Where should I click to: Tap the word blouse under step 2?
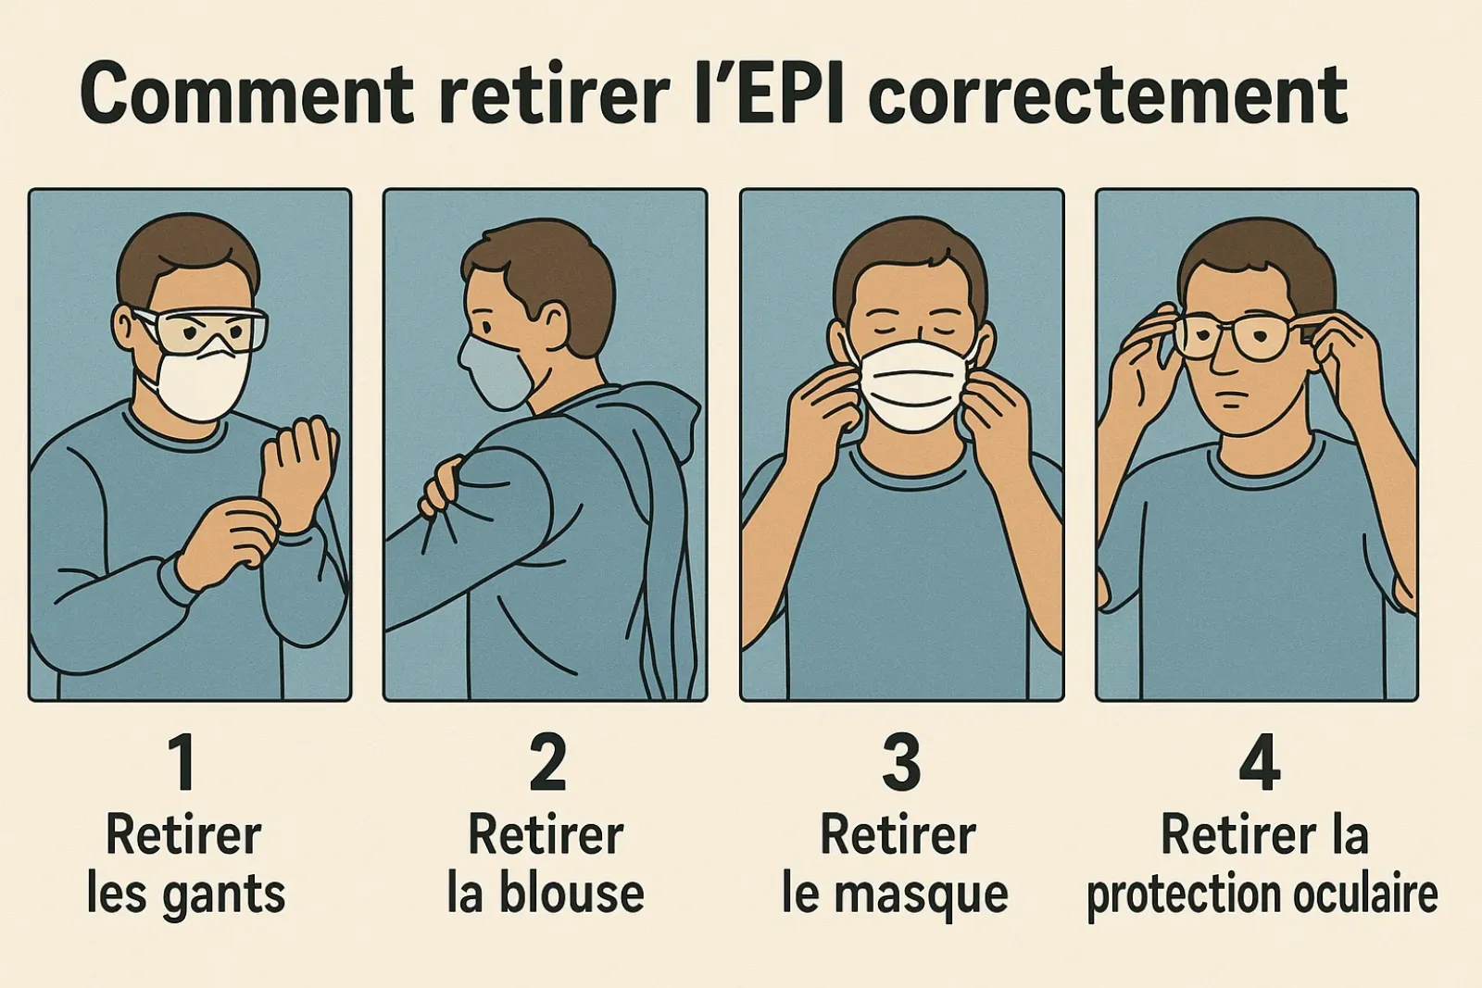[571, 893]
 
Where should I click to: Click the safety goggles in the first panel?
[201, 331]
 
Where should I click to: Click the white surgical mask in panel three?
[914, 386]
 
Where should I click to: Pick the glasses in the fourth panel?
[1236, 336]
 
